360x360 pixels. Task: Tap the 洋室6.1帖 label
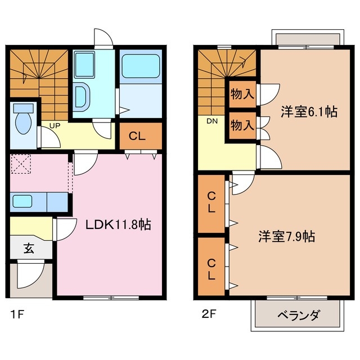click(x=309, y=112)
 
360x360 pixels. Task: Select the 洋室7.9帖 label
click(x=286, y=237)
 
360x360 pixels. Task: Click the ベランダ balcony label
click(x=299, y=315)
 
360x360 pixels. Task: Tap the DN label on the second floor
click(x=211, y=120)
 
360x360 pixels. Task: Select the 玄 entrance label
click(x=29, y=247)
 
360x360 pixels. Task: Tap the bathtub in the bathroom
click(x=140, y=67)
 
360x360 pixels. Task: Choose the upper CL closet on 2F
click(x=211, y=203)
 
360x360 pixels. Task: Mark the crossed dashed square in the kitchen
click(x=24, y=165)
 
